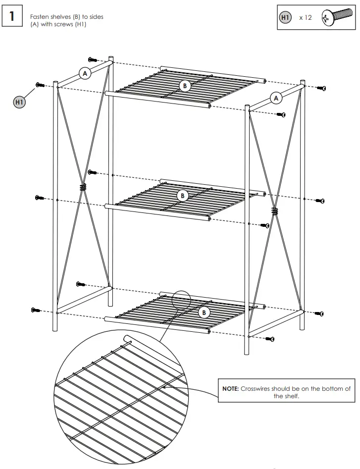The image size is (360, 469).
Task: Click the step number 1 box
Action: click(12, 16)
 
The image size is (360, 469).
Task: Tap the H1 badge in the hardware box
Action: click(285, 17)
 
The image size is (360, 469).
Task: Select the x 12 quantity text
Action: click(306, 17)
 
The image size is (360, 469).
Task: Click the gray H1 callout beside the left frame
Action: click(19, 102)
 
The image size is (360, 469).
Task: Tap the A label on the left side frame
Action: click(85, 73)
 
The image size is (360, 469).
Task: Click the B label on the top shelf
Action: click(185, 86)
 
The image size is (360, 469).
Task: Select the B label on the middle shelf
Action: click(182, 195)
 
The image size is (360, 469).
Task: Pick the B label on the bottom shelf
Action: click(204, 313)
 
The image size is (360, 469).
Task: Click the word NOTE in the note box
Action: click(231, 389)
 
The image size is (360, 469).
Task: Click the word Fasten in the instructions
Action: click(39, 17)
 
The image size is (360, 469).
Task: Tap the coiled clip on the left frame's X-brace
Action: click(82, 187)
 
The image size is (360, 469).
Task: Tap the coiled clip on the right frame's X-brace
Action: click(274, 211)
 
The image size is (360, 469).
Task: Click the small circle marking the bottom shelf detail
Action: click(181, 300)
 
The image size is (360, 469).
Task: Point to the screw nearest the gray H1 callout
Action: click(40, 85)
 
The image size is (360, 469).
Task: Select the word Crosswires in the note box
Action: click(256, 389)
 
